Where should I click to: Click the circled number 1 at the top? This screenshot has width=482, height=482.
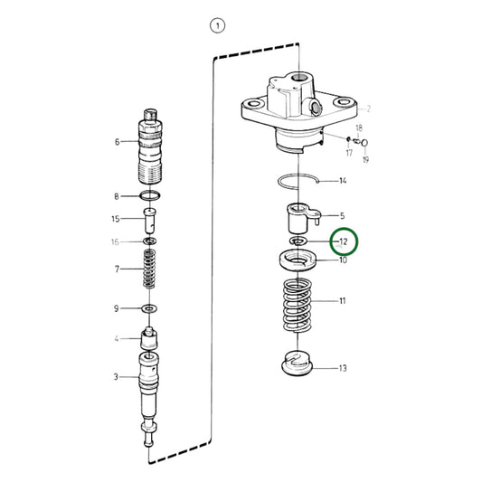coord(216,26)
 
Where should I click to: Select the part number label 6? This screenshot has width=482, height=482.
coord(117,142)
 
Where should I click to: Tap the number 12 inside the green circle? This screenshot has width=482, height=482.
coord(343,242)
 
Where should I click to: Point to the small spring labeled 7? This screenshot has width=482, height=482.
coord(151,269)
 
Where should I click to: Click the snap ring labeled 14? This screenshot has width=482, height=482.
coord(300,181)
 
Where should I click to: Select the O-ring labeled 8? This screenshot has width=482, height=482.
coord(151,196)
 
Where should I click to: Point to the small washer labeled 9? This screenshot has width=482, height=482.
coord(151,309)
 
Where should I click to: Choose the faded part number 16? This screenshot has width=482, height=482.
coord(116,242)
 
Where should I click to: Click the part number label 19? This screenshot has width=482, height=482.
coord(366,159)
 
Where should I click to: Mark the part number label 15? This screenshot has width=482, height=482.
coord(116,219)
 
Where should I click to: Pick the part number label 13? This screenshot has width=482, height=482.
coord(343,368)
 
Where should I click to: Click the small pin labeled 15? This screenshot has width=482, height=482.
coord(151,221)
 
